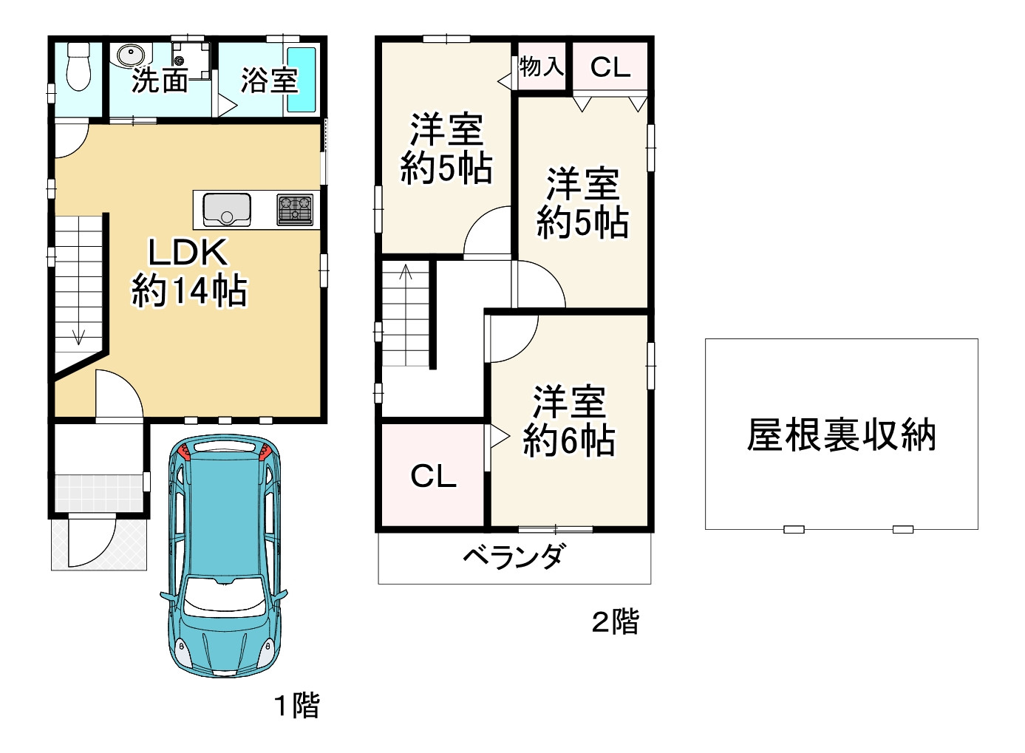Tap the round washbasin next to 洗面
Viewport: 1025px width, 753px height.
[x=131, y=55]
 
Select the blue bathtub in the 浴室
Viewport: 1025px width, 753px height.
[x=301, y=80]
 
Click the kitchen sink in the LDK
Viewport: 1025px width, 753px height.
[x=227, y=209]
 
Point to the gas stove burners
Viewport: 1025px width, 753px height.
[x=295, y=209]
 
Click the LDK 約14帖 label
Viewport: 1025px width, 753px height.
[x=189, y=272]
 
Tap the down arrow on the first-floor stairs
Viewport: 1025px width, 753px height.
[x=78, y=335]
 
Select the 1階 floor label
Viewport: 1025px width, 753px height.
[x=297, y=705]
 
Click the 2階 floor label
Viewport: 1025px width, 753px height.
[x=615, y=621]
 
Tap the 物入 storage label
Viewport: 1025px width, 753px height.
[x=541, y=67]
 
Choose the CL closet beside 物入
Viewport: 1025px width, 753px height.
[x=610, y=67]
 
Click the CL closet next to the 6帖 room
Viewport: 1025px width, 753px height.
[x=433, y=476]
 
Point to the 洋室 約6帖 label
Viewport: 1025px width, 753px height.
[x=569, y=421]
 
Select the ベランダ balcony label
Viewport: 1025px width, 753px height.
[x=515, y=556]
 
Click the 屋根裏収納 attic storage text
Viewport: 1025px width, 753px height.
[x=841, y=435]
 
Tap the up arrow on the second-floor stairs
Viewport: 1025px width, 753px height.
[x=406, y=273]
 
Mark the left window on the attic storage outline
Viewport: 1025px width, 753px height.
[x=794, y=529]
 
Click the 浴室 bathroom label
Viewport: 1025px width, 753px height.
[x=269, y=80]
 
